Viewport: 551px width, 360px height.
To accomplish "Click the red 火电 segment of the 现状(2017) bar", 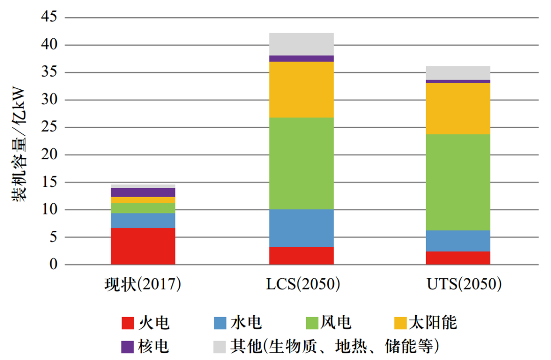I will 143,246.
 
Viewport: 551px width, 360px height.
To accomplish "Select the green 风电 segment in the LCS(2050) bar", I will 301,163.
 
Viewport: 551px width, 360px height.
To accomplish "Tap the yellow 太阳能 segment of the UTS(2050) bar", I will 458,109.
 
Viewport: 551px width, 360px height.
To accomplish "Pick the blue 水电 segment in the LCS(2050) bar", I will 301,228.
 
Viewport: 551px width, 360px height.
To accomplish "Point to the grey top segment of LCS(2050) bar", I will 301,44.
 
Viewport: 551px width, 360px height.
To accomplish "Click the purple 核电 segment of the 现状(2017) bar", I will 143,193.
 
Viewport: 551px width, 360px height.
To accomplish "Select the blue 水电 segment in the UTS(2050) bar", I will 458,241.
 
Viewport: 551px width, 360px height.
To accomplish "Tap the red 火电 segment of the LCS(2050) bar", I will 301,256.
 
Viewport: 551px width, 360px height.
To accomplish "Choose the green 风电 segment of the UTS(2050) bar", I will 458,182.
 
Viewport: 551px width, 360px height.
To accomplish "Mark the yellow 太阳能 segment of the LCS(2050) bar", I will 301,90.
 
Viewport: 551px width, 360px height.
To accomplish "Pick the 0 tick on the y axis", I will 54,265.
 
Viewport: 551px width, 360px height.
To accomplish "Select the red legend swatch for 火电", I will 128,323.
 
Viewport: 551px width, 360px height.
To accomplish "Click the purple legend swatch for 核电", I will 128,347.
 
